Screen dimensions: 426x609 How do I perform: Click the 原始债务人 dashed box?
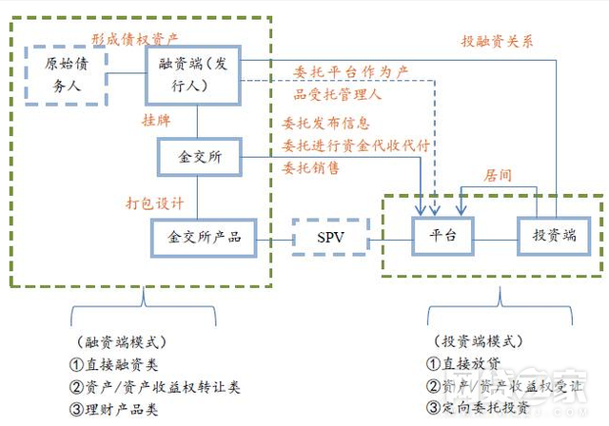pyautogui.click(x=68, y=73)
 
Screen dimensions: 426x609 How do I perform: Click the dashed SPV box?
pyautogui.click(x=329, y=236)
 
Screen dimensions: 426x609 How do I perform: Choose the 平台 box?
pyautogui.click(x=442, y=236)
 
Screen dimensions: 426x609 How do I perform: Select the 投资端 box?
pyautogui.click(x=547, y=236)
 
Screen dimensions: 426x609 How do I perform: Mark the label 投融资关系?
pyautogui.click(x=498, y=41)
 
